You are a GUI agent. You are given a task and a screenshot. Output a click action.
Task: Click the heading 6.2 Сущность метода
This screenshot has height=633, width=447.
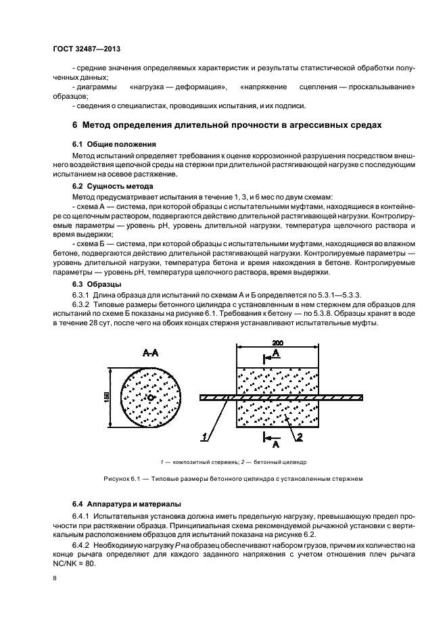point(112,185)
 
